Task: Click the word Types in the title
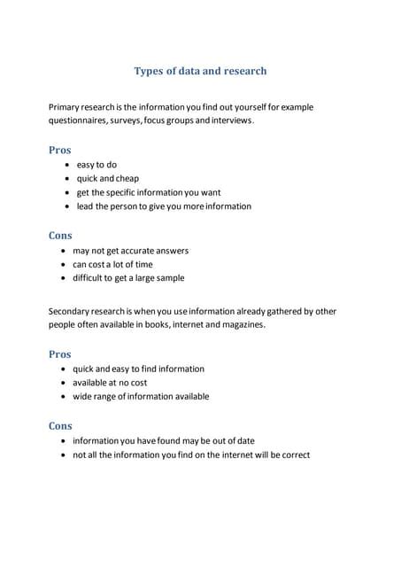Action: (148, 71)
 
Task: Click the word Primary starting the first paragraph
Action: (66, 107)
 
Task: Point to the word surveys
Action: (130, 120)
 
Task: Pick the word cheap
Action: (127, 178)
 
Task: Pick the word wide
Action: (82, 397)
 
